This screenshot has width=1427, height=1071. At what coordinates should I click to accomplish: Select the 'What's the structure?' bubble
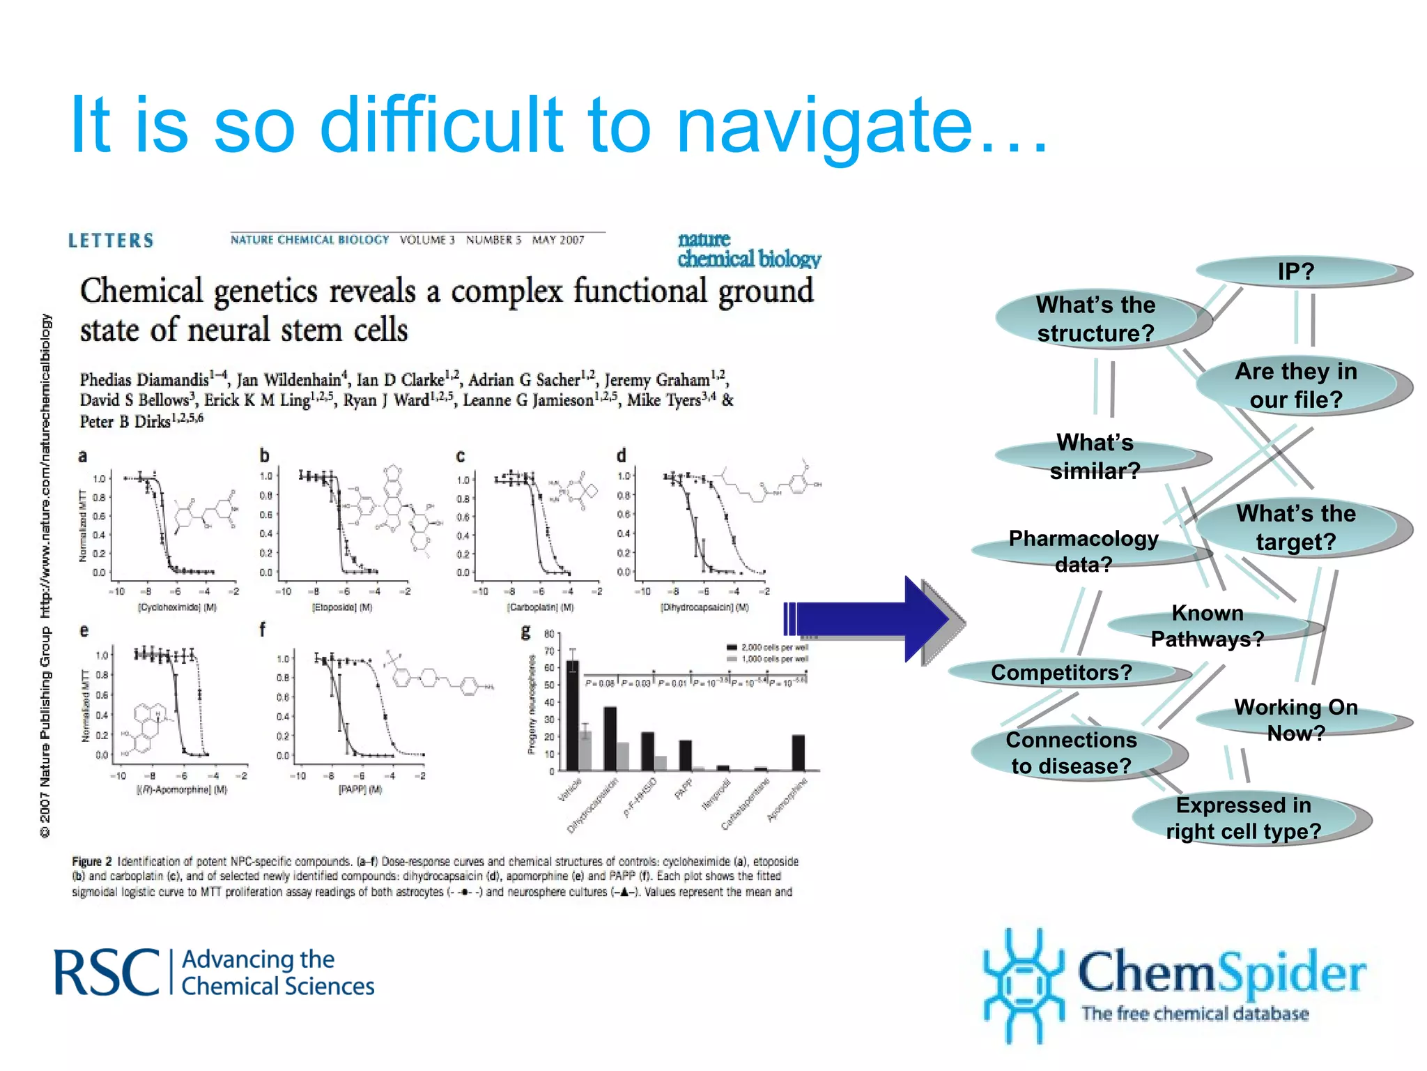pos(1096,319)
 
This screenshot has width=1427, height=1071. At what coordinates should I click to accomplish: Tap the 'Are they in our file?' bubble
pos(1297,385)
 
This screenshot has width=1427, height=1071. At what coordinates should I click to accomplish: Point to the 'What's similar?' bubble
pos(1096,457)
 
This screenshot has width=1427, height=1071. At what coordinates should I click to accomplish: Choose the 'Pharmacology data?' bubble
pos(1084,551)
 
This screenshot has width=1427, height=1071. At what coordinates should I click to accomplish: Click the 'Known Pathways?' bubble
pos(1208,625)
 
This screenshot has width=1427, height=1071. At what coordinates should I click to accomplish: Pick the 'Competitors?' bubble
pos(1062,672)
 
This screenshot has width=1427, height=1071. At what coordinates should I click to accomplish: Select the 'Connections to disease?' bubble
pos(1072,752)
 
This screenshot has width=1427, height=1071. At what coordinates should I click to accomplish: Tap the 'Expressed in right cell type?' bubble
pos(1244,818)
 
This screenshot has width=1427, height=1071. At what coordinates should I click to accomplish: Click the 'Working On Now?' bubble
pos(1297,720)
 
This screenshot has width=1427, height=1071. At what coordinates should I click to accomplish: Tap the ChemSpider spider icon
pos(1022,985)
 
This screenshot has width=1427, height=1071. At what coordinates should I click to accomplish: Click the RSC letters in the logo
pos(107,973)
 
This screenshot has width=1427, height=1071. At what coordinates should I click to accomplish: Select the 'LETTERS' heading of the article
pos(111,241)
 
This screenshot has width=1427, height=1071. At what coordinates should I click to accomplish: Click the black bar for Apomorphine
pos(798,752)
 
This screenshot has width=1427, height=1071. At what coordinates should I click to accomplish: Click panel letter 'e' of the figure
pos(84,631)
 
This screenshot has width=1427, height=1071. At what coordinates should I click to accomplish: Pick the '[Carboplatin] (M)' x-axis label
pos(540,607)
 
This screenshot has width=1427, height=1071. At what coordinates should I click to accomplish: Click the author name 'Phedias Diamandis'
pos(144,380)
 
